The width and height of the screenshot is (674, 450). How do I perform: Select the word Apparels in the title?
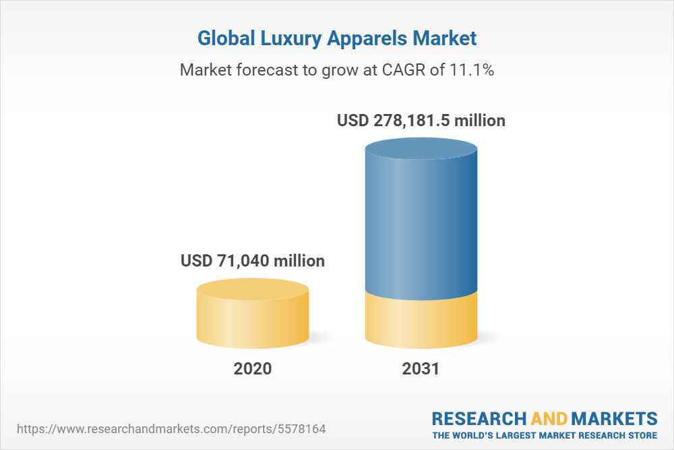coord(370,38)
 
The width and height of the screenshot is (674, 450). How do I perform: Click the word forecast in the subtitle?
coord(268,69)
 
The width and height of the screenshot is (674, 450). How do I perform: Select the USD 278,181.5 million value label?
coord(421,121)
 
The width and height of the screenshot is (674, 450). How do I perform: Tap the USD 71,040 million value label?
coord(253,260)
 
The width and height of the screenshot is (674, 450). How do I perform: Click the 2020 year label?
coord(253,369)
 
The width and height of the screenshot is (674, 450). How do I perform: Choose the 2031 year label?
coord(421,369)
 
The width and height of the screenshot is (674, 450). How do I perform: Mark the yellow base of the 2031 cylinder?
coord(421,322)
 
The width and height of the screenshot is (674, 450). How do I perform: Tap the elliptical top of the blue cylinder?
coord(421,150)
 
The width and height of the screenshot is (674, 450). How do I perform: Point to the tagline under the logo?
coord(545,435)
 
